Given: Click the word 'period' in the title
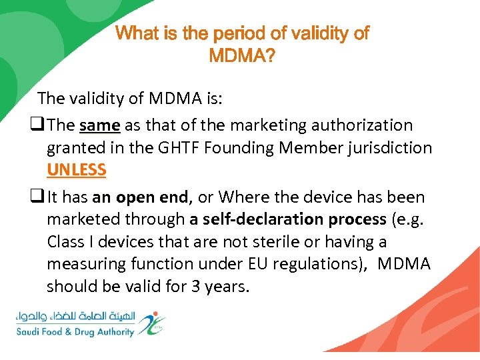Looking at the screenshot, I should pos(227,34).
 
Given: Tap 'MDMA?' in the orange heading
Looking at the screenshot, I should pos(241,56).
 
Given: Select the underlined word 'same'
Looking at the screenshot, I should pos(99,125).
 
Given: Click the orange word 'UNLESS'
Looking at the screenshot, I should pos(76,169).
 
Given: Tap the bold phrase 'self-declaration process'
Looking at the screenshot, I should pos(287,219).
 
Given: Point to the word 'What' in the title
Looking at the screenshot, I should pos(138,34).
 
